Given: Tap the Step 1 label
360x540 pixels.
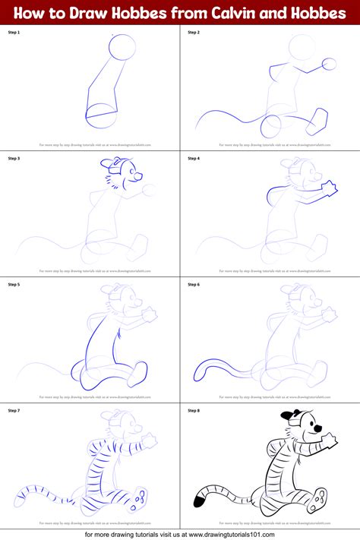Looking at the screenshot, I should tap(14, 33).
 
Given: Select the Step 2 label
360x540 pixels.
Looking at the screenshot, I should tap(194, 33).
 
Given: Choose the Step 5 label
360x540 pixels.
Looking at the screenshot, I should tap(14, 284).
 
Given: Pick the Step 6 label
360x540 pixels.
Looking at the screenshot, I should tap(194, 284).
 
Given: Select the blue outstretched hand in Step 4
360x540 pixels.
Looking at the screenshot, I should tap(330, 187).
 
